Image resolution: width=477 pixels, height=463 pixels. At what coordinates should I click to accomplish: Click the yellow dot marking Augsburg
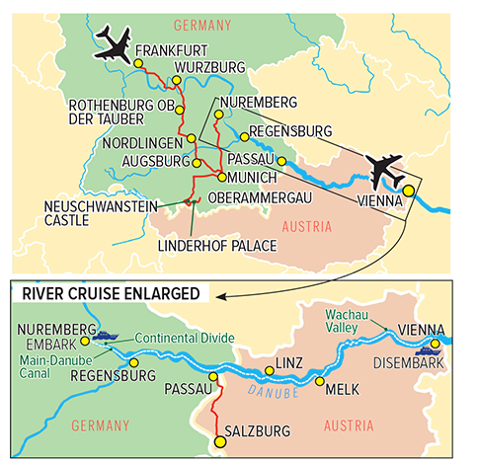tap(196, 162)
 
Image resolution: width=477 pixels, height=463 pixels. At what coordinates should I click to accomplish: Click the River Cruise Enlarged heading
tap(109, 294)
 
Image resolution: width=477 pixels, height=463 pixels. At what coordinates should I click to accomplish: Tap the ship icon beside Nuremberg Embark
tap(106, 335)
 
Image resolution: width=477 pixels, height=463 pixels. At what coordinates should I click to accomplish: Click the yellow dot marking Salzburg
tap(218, 442)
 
